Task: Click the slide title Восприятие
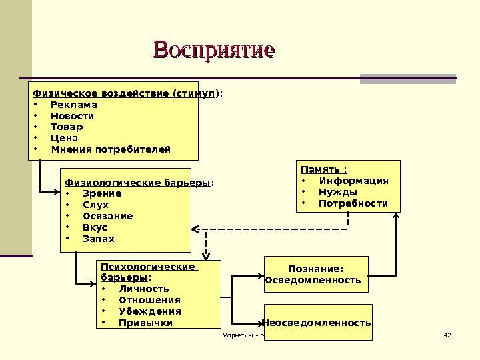click(214, 51)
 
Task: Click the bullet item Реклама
click(73, 105)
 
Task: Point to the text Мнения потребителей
click(111, 149)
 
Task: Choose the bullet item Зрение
click(102, 194)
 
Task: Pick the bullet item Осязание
click(107, 216)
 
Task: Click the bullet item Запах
click(99, 239)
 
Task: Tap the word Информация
click(353, 181)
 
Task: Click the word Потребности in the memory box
click(353, 203)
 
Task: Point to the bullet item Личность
click(143, 289)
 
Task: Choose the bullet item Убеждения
click(149, 311)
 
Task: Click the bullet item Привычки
click(145, 323)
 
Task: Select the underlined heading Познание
click(316, 269)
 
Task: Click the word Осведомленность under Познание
click(313, 280)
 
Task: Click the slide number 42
click(447, 335)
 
